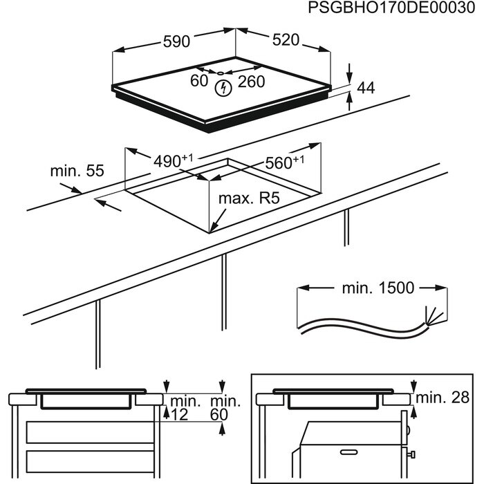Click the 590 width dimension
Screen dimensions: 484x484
[176, 41]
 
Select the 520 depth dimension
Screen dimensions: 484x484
[285, 40]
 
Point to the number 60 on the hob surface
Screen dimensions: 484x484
[199, 82]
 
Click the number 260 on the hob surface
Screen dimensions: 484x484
[252, 82]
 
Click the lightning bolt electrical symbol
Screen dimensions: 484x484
[223, 88]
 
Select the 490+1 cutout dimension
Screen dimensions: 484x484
[172, 161]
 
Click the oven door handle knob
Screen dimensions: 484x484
[412, 453]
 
